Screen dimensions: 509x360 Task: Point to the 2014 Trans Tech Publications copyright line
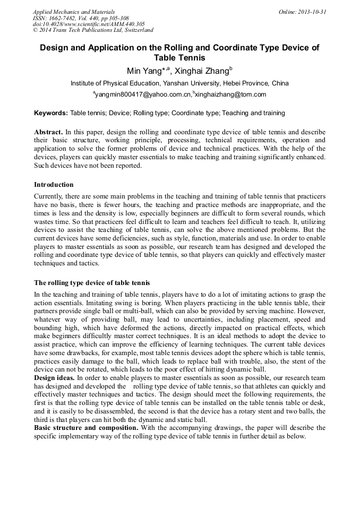(93, 30)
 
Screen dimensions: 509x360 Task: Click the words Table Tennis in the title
(179, 57)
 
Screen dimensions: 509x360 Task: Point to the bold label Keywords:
(51, 113)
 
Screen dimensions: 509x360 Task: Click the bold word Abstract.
(48, 132)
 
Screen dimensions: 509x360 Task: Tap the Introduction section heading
(54, 185)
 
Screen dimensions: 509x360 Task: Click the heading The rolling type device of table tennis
(92, 282)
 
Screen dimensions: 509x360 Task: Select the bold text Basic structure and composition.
(86, 427)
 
